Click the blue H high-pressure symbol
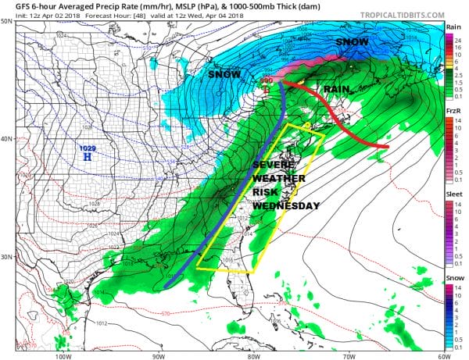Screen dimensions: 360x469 pos(87,157)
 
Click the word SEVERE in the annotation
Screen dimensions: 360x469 pos(274,165)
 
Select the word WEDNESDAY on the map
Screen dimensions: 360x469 pos(285,205)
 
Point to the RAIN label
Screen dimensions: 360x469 pos(336,89)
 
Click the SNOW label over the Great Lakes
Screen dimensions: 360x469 pos(224,73)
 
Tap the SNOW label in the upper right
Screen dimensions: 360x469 pos(353,41)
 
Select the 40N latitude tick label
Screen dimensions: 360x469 pos(7,139)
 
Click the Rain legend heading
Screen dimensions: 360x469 pos(453,27)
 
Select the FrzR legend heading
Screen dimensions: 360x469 pos(453,112)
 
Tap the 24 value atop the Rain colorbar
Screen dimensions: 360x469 pos(459,37)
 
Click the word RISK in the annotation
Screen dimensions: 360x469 pos(265,191)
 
